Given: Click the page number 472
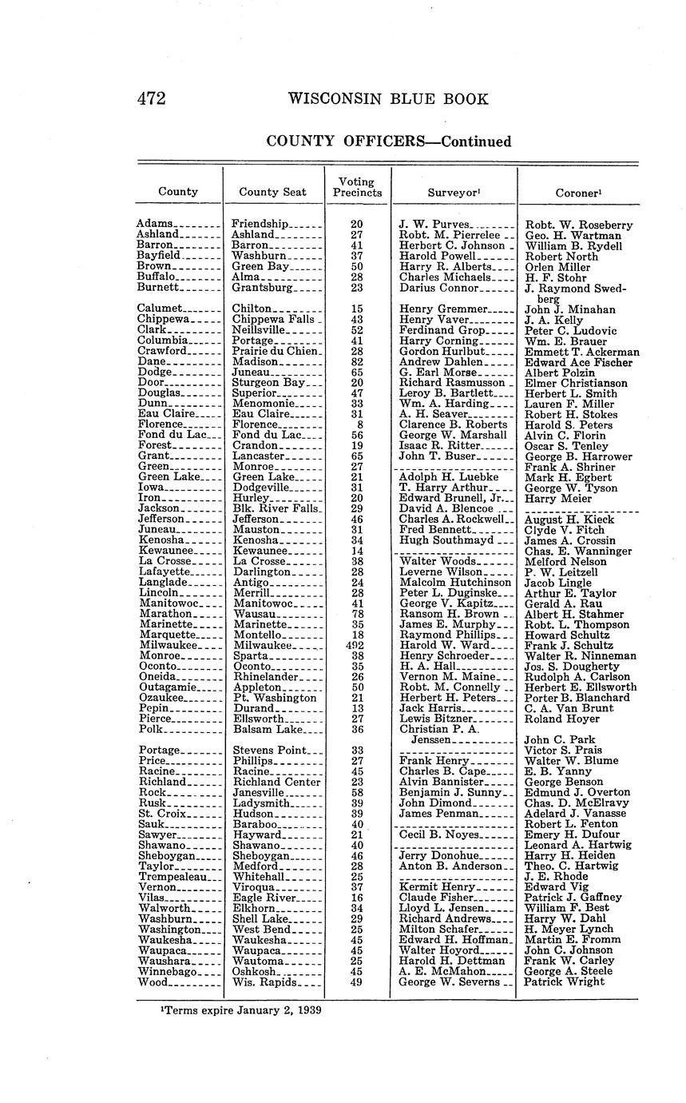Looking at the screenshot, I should [x=151, y=98].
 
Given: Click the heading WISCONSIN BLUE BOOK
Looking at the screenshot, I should [x=387, y=98].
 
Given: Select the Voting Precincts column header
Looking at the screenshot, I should [x=357, y=187].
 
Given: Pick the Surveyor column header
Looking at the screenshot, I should [x=454, y=193].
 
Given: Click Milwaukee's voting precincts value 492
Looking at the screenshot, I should [x=356, y=645].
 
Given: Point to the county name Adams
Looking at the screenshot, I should [x=153, y=225].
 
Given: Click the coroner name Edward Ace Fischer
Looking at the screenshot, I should [x=578, y=362].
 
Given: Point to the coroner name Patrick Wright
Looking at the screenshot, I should [x=565, y=982].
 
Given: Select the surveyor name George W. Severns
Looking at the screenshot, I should [x=449, y=982].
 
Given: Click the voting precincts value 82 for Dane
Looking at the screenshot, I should [x=356, y=362].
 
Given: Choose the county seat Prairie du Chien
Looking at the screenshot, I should [x=276, y=351].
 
